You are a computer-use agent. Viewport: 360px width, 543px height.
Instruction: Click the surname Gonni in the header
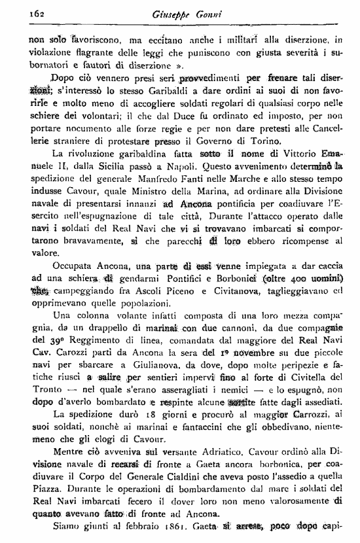[x=202, y=13]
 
